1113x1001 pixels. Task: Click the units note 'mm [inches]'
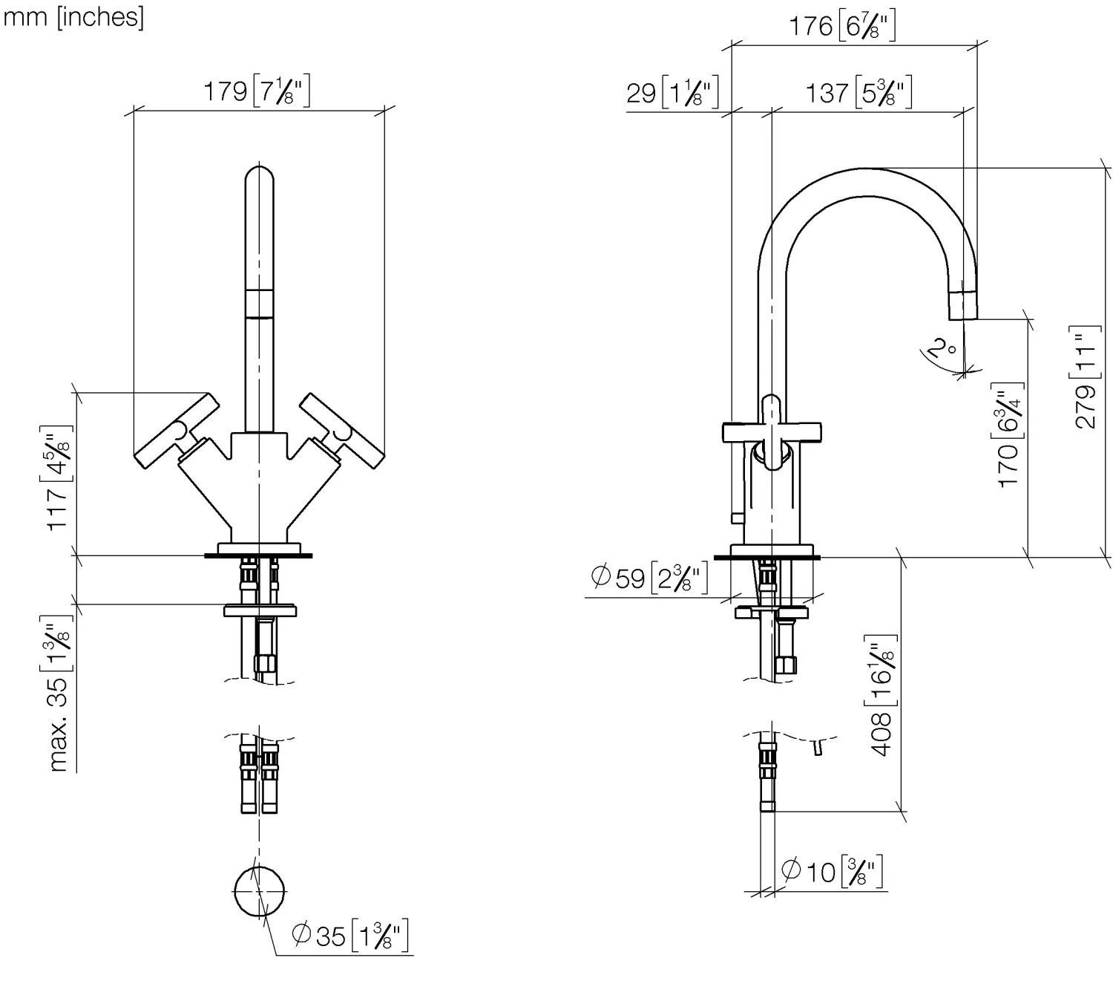click(73, 18)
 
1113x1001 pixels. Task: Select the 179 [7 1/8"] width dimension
click(257, 91)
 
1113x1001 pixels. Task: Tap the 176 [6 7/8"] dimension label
click(842, 26)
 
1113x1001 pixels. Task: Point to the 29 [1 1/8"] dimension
click(672, 92)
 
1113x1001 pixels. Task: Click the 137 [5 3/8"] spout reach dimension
click(859, 92)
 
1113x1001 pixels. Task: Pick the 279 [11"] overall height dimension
click(1086, 377)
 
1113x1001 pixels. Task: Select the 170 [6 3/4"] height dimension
click(1009, 435)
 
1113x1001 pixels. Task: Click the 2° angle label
click(942, 348)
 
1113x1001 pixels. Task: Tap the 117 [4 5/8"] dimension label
click(56, 478)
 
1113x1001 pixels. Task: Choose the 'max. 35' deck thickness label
click(56, 694)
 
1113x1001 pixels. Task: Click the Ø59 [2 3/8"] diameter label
click(649, 578)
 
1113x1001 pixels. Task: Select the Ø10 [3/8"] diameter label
click(831, 872)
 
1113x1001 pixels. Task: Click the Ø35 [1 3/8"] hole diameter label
click(350, 936)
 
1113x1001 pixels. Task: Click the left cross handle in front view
click(177, 431)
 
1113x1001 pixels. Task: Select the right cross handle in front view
click(342, 431)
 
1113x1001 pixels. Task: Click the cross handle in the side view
click(772, 432)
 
